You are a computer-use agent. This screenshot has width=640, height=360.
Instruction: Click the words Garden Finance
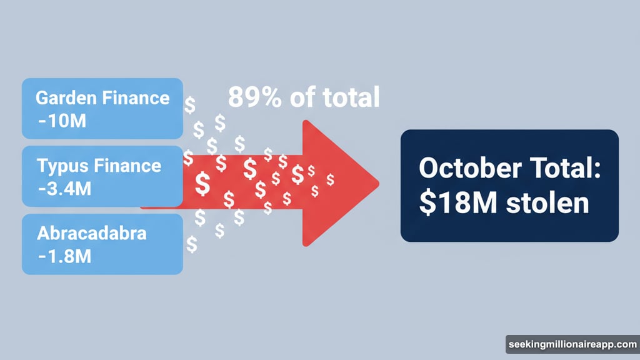coord(102,98)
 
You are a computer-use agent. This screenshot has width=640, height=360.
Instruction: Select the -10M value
coord(61,120)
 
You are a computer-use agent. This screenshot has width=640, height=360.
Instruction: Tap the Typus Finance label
coord(99,166)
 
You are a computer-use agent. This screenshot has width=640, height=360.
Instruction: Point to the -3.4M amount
coord(66,187)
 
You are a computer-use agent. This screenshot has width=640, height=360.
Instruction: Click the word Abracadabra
coord(92,234)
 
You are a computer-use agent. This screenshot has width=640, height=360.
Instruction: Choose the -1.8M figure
coord(64,256)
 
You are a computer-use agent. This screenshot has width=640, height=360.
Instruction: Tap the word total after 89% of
coord(348,97)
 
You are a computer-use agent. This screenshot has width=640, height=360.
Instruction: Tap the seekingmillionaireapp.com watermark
coord(572,344)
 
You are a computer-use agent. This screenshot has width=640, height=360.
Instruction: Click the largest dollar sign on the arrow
coord(202,183)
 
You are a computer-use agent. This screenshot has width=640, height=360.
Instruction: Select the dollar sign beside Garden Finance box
coord(190,104)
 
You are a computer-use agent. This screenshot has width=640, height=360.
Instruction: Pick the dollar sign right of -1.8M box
coord(191,244)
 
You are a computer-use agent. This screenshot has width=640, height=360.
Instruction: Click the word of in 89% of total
coord(300,97)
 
